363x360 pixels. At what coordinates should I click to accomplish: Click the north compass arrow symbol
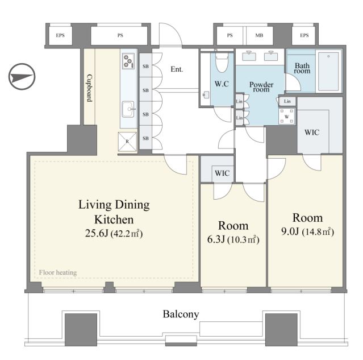(x=22, y=77)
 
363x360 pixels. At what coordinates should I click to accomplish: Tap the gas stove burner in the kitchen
(x=128, y=61)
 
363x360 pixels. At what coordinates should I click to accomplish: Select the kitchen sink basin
(x=128, y=109)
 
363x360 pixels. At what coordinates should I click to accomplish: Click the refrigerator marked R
(x=127, y=142)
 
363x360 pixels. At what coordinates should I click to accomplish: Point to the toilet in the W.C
(x=222, y=61)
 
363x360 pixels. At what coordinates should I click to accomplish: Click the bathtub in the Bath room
(x=328, y=72)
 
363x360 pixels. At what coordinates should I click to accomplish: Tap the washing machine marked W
(x=287, y=117)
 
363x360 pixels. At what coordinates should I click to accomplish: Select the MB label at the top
(x=259, y=35)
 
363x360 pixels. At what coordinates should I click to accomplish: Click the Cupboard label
(x=90, y=88)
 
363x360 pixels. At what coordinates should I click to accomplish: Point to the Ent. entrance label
(x=177, y=69)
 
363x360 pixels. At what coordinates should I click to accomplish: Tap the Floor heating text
(x=58, y=272)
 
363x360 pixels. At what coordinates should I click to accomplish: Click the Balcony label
(x=181, y=315)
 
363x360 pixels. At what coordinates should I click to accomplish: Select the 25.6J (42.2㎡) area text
(x=114, y=233)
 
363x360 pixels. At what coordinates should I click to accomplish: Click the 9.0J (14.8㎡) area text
(x=308, y=231)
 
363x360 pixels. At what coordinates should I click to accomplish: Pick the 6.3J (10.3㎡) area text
(x=233, y=239)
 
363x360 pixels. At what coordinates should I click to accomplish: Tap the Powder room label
(x=261, y=87)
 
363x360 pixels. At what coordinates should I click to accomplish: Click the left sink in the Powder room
(x=249, y=56)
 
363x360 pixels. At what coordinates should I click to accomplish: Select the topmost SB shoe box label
(x=145, y=67)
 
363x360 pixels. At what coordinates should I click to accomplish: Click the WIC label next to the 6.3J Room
(x=222, y=173)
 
